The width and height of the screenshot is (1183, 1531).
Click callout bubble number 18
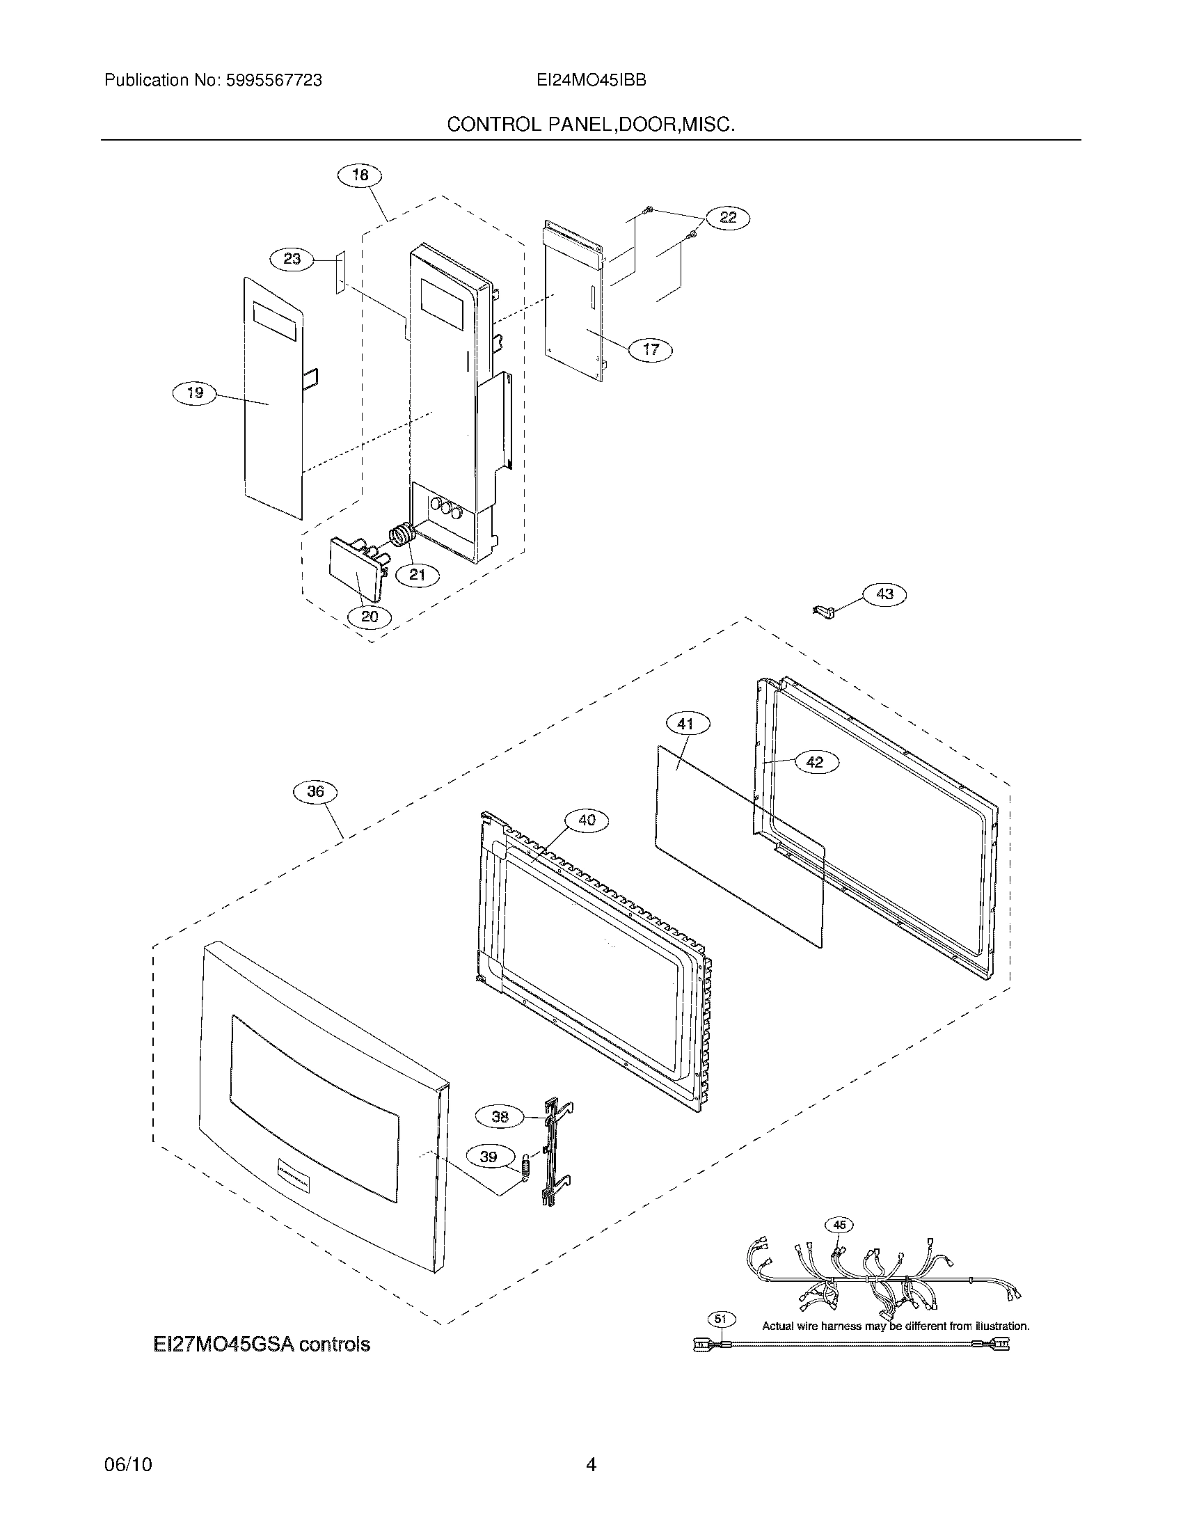[360, 175]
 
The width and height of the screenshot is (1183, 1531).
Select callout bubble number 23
[292, 260]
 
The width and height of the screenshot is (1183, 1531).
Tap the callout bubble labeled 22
[728, 217]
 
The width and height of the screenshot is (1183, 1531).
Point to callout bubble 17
[651, 349]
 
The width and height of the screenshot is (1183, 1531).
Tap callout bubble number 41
[685, 724]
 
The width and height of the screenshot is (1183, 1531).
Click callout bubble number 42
[815, 761]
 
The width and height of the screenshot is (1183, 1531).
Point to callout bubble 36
[315, 791]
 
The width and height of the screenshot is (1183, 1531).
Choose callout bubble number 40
[587, 820]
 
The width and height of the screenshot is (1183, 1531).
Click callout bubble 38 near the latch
[500, 1116]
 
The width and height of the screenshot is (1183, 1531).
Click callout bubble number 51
[720, 1319]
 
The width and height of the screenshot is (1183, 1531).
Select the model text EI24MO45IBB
[591, 81]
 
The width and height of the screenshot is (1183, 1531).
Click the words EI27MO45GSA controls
[262, 1344]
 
